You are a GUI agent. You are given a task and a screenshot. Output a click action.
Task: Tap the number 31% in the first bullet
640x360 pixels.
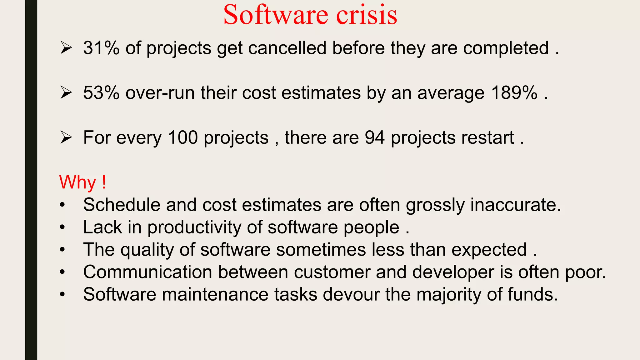click(x=101, y=48)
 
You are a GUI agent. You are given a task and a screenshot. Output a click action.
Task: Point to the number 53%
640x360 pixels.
click(x=101, y=93)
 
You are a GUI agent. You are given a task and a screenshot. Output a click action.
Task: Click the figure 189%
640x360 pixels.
click(x=514, y=93)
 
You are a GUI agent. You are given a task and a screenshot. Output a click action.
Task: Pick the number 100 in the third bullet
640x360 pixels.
click(x=183, y=137)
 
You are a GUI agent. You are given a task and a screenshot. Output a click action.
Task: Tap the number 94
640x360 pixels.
click(x=374, y=137)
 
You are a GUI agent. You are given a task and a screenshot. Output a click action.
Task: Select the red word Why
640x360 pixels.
click(x=77, y=182)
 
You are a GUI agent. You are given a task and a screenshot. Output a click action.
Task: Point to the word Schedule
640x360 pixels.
click(x=122, y=205)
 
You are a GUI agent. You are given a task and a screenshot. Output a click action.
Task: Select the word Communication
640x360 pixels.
click(x=148, y=272)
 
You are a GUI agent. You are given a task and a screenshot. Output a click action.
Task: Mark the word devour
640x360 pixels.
click(x=351, y=294)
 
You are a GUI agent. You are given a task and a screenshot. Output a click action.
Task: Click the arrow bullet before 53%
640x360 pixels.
click(x=66, y=93)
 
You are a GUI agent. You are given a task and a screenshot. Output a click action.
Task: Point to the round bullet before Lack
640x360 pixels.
click(x=62, y=227)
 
